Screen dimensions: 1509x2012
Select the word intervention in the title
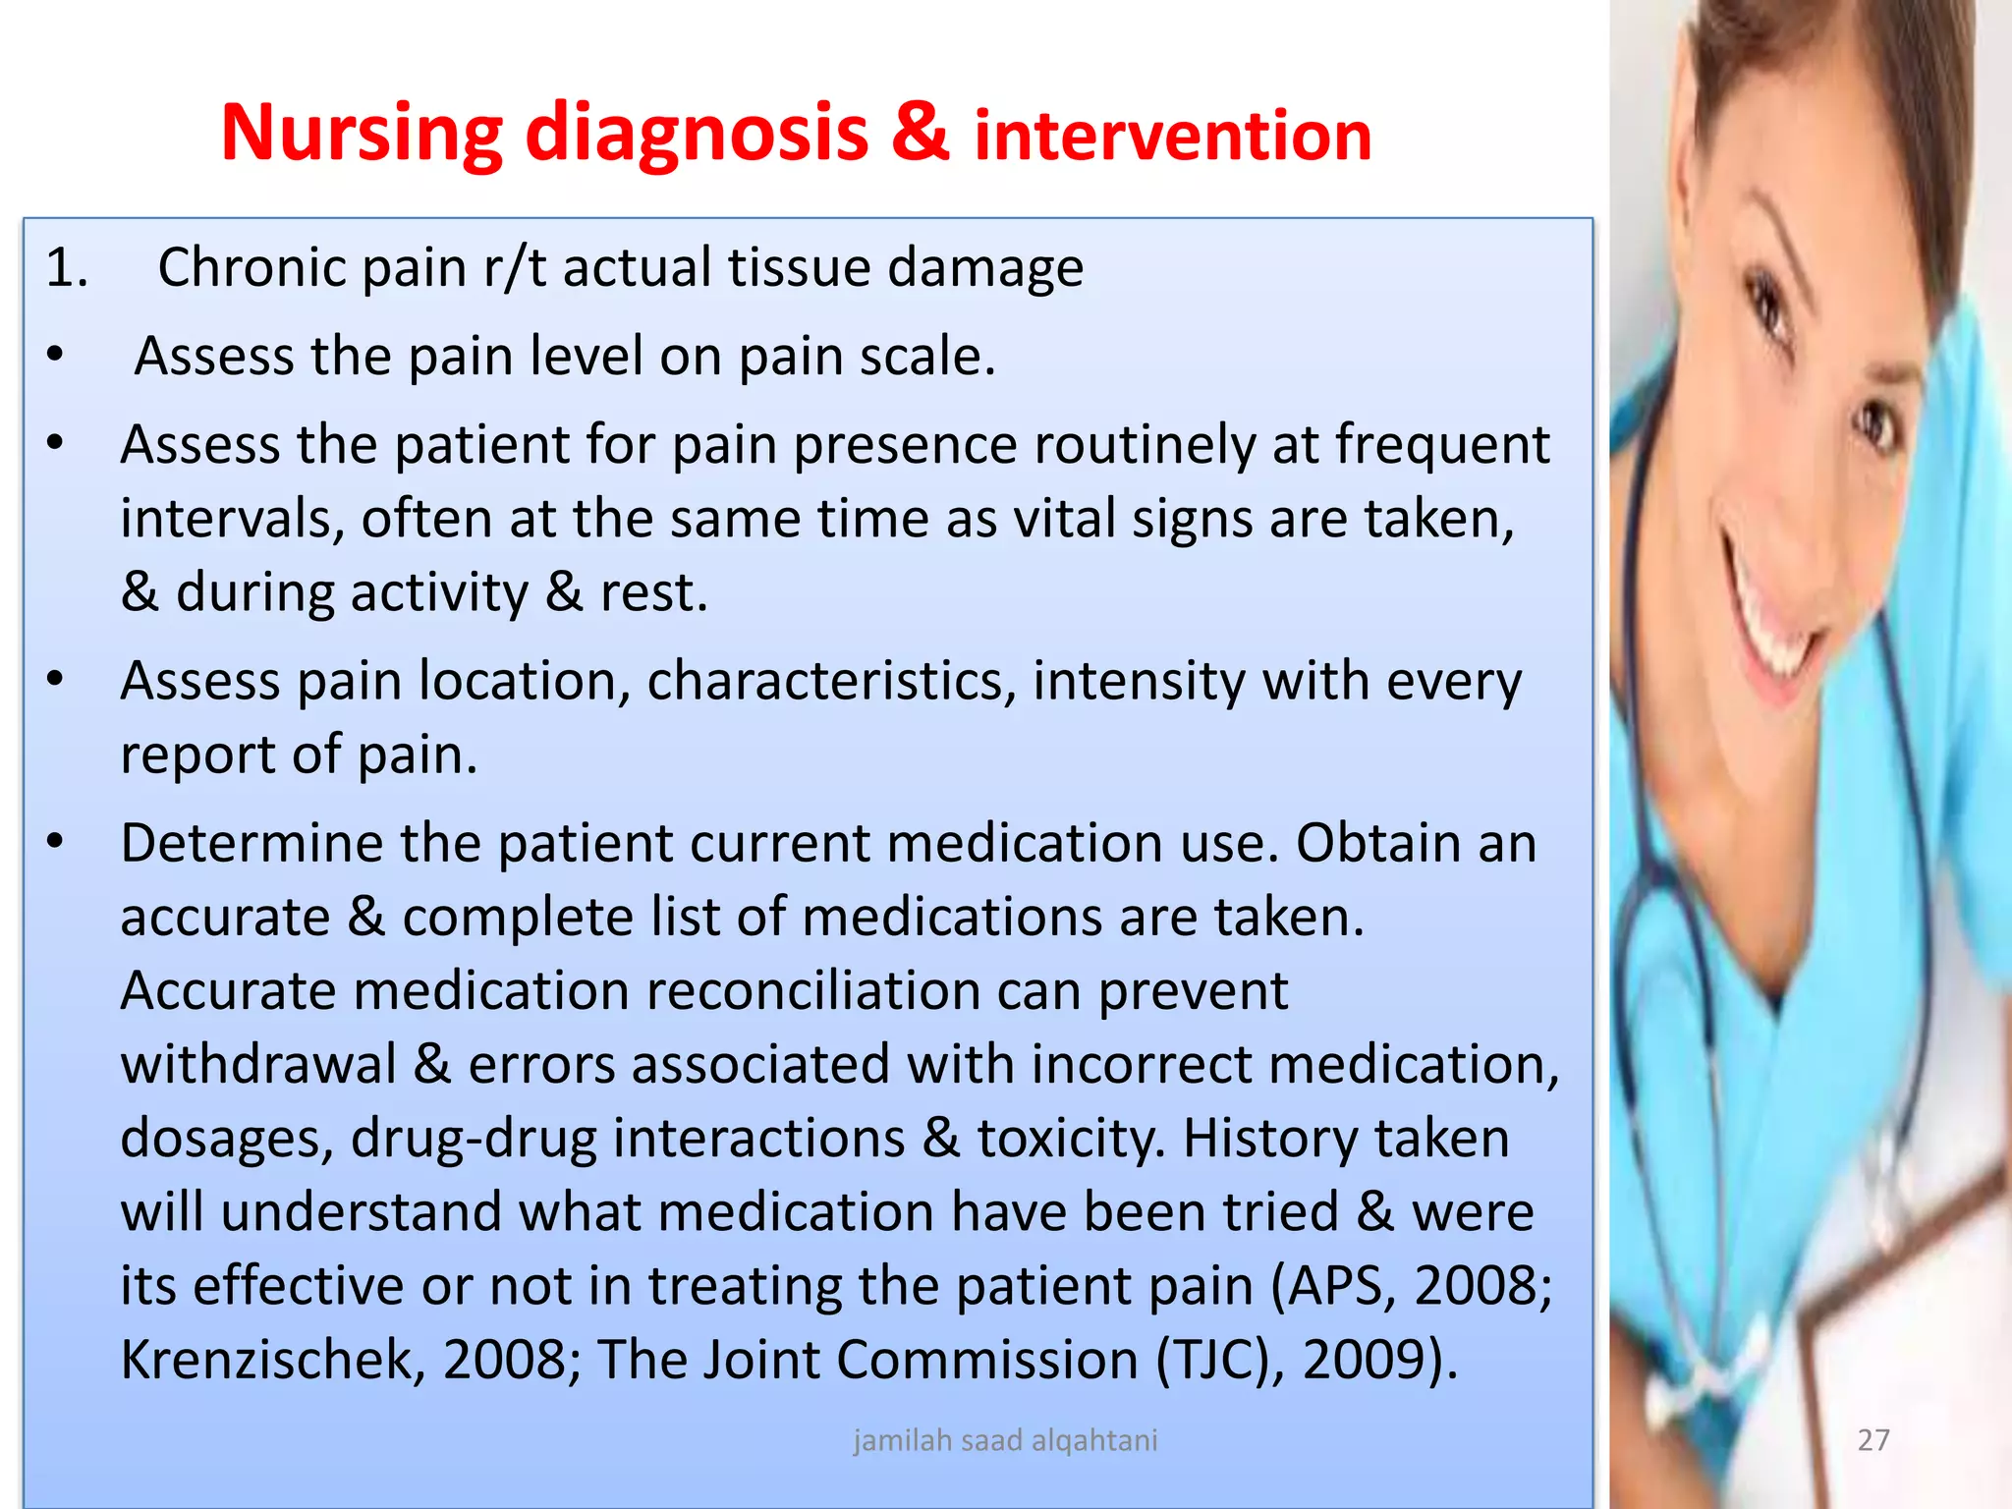pyautogui.click(x=1172, y=136)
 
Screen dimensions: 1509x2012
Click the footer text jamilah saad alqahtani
pyautogui.click(x=1005, y=1440)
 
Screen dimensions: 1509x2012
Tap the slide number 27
pyautogui.click(x=1873, y=1440)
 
